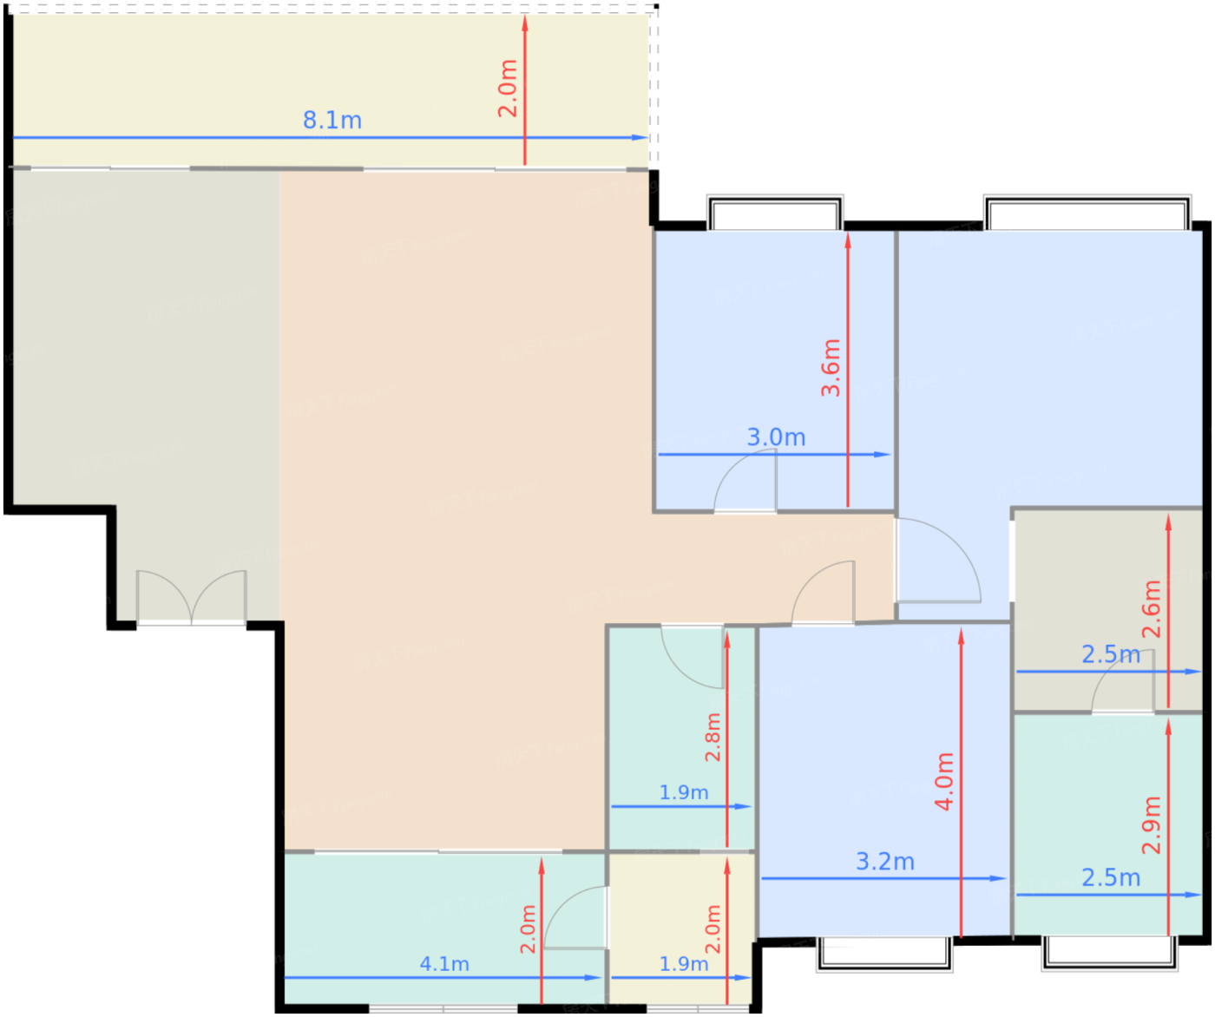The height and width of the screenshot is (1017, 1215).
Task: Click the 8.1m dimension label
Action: click(332, 121)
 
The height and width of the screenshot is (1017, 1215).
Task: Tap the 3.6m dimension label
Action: click(831, 368)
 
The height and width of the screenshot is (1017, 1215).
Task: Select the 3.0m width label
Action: click(776, 437)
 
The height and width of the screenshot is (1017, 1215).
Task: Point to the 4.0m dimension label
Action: click(944, 781)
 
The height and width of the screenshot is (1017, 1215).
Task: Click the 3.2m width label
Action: click(885, 862)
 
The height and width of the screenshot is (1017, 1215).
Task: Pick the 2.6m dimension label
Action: click(1151, 609)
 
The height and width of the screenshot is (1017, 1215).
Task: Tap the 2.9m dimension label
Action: click(1151, 825)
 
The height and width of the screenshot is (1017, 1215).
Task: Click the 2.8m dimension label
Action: click(713, 737)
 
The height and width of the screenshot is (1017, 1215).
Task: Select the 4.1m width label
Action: click(444, 964)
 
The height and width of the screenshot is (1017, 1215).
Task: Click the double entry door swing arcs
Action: click(192, 597)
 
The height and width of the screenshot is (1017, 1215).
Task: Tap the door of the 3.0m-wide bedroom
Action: click(745, 481)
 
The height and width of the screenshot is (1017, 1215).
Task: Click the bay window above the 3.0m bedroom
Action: click(774, 213)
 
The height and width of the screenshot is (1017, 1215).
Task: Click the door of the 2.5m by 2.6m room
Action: click(1122, 680)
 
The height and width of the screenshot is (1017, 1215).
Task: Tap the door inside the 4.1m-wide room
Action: click(575, 917)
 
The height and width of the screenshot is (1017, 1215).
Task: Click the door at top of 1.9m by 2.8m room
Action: click(693, 657)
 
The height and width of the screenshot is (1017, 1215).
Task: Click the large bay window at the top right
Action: click(1087, 213)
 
